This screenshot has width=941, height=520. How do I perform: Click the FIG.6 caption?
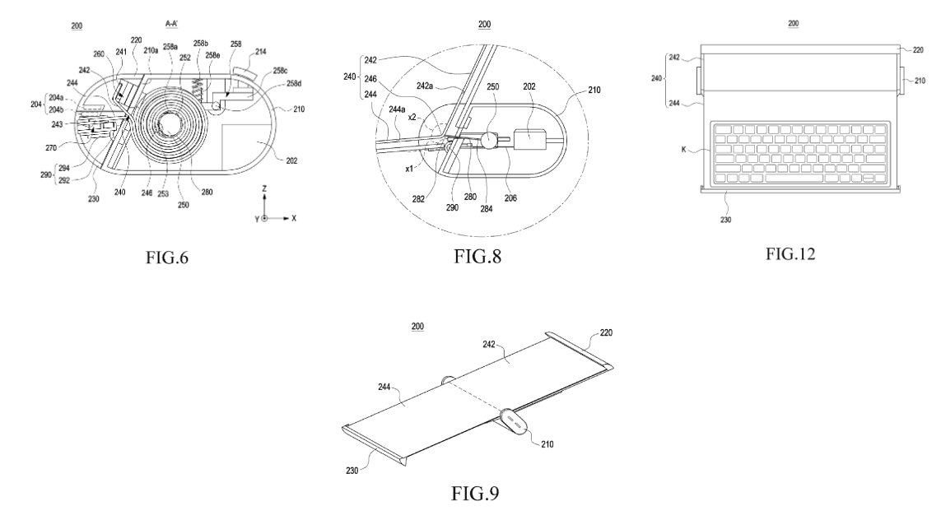(167, 258)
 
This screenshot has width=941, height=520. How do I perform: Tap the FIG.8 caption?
(477, 256)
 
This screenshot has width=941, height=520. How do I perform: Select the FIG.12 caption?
(790, 253)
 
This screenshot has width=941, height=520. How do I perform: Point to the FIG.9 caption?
(475, 493)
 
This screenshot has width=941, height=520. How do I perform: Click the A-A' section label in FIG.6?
(171, 23)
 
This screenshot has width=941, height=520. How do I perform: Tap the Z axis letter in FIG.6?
(264, 189)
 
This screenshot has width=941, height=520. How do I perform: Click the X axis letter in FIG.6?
(294, 219)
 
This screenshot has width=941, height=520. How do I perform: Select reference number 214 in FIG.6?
(260, 52)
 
